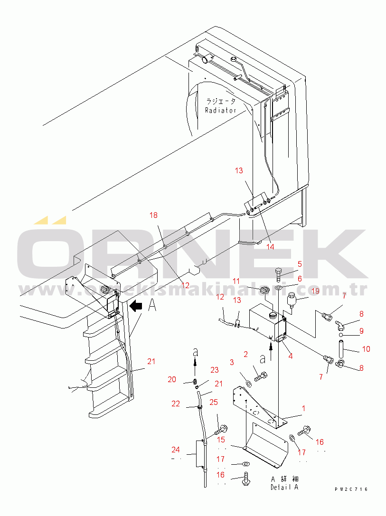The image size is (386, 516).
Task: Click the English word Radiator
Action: [x=220, y=110]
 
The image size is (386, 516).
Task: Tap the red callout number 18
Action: [x=153, y=215]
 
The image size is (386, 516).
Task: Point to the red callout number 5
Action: [x=300, y=264]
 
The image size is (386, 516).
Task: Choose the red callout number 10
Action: [x=366, y=349]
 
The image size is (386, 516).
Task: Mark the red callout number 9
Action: [x=361, y=331]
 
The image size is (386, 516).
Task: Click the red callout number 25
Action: [x=214, y=403]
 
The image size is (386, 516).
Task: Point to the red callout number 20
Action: [x=171, y=379]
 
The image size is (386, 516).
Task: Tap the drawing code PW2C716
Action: [x=350, y=489]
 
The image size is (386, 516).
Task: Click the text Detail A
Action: [x=285, y=487]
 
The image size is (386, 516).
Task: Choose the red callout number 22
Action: [x=176, y=403]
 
